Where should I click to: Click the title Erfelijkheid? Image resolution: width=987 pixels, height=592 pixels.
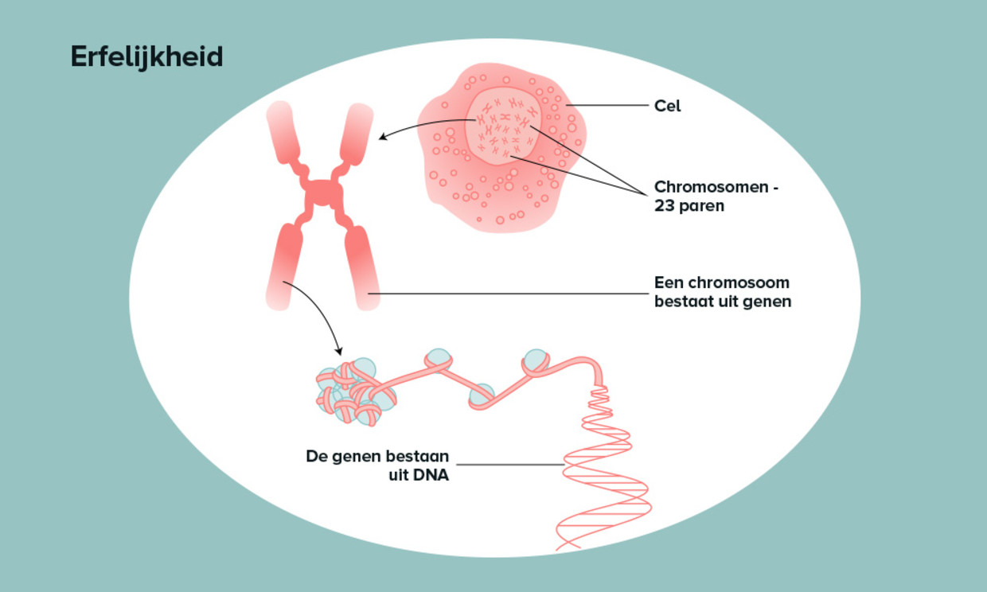point(146,57)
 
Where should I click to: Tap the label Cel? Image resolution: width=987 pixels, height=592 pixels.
point(667,106)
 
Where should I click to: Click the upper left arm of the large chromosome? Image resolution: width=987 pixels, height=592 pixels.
point(282,131)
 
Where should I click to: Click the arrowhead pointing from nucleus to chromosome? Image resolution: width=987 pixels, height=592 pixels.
point(381,138)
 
